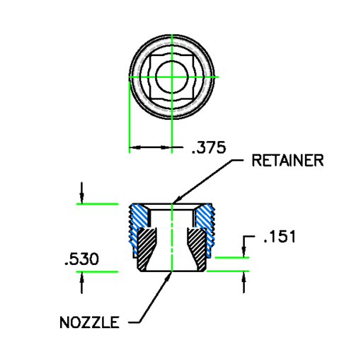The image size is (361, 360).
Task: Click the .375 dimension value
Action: (208, 148)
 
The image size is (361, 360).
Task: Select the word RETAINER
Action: (287, 160)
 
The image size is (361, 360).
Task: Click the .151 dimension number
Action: (279, 236)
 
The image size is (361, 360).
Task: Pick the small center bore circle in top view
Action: (171, 76)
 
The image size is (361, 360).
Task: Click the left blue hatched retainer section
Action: (140, 216)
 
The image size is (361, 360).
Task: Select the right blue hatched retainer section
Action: (202, 216)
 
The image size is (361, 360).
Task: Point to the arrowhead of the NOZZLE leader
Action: (171, 274)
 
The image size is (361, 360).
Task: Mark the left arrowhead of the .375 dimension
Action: (132, 148)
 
